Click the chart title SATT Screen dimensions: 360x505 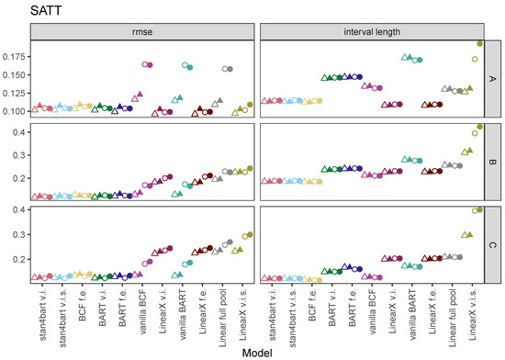coord(21,10)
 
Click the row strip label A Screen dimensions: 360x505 coord(491,79)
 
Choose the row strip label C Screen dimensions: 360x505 coord(491,245)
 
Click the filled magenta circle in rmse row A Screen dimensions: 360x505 coord(149,64)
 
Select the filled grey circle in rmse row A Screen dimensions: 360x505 coord(229,69)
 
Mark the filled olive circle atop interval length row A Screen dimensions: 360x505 coord(479,43)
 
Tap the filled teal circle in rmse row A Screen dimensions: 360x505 coord(189,68)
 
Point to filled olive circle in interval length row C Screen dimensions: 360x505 coord(479,210)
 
